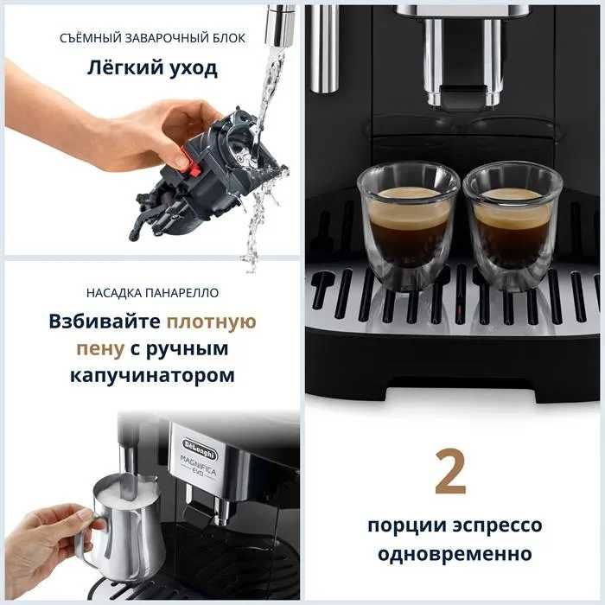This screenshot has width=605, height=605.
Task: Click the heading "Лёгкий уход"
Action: coord(153,69)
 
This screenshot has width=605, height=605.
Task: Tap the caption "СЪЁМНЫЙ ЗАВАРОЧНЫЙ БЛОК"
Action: coord(153,38)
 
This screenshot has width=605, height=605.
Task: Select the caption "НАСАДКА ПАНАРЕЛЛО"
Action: coord(153,292)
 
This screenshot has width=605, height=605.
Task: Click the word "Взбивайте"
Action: coord(105,322)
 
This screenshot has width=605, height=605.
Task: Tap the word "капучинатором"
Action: coord(153,377)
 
